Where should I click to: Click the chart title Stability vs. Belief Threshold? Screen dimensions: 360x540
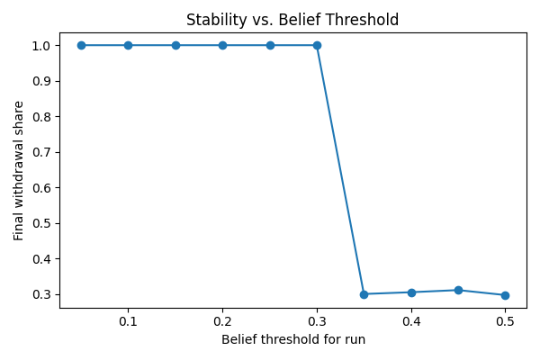pos(292,20)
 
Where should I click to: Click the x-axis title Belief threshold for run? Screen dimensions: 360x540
pos(292,340)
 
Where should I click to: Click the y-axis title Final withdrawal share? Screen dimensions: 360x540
pos(19,170)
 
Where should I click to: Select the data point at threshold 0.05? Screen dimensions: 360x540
pos(81,45)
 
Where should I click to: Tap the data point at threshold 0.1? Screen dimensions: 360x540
pos(128,45)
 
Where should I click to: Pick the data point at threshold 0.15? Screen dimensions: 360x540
pos(175,45)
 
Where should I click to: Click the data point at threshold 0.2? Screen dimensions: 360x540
pos(222,45)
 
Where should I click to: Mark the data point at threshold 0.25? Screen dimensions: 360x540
pos(270,45)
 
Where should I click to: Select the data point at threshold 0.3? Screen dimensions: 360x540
pos(317,45)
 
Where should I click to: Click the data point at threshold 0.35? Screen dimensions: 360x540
pos(364,294)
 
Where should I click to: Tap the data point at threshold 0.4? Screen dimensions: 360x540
pos(411,292)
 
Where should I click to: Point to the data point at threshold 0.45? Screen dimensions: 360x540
pos(458,290)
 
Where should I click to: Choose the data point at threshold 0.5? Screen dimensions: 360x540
pos(505,295)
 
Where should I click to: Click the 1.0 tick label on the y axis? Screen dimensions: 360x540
pos(42,45)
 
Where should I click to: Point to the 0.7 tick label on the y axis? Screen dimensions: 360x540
pos(42,152)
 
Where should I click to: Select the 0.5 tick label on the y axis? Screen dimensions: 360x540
pos(42,223)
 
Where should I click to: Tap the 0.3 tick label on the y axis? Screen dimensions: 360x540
pos(42,294)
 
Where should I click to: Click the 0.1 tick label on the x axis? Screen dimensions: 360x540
pos(128,321)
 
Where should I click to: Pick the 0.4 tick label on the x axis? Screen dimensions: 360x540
pos(411,321)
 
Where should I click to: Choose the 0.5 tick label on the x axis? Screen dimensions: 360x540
pos(505,321)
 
